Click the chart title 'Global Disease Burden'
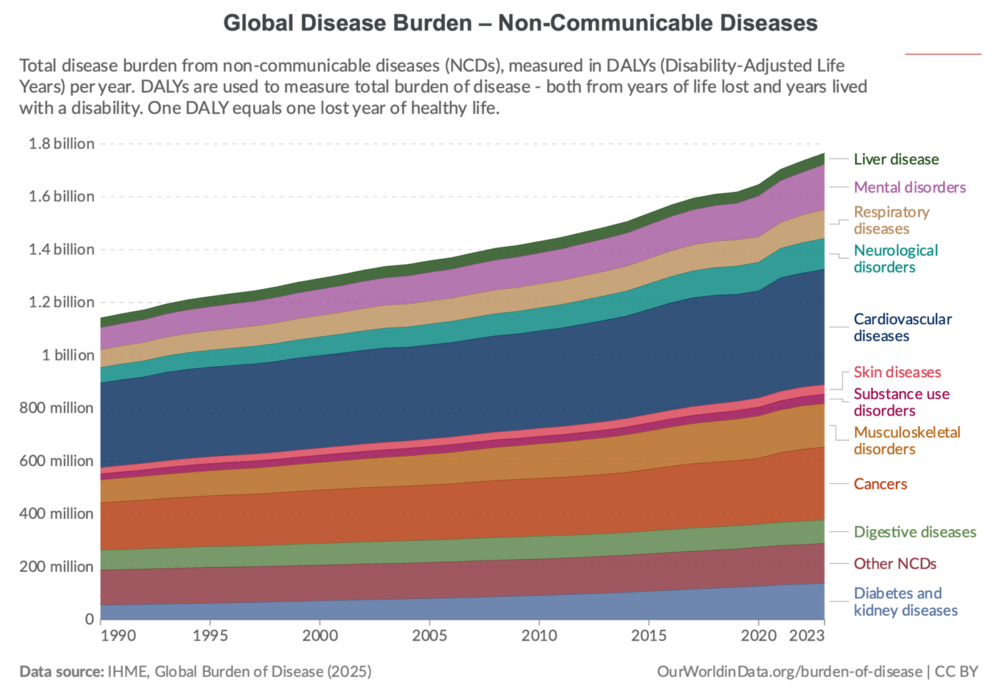click(x=521, y=23)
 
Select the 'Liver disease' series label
click(x=896, y=159)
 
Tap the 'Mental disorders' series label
click(x=910, y=187)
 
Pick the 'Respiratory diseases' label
click(x=891, y=221)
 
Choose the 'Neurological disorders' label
click(x=896, y=259)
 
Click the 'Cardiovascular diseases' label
click(x=902, y=327)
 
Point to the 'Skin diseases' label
click(x=897, y=372)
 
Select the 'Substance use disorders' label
click(x=901, y=402)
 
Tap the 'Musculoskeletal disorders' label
click(x=907, y=441)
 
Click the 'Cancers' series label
click(x=880, y=484)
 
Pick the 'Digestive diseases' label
click(x=915, y=532)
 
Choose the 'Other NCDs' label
click(x=895, y=564)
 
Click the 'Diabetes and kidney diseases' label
click(x=905, y=602)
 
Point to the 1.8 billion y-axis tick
click(x=62, y=144)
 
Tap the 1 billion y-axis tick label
click(x=68, y=355)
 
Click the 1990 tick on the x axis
click(x=118, y=636)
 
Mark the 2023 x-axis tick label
click(x=808, y=636)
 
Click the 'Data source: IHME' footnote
click(x=195, y=672)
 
